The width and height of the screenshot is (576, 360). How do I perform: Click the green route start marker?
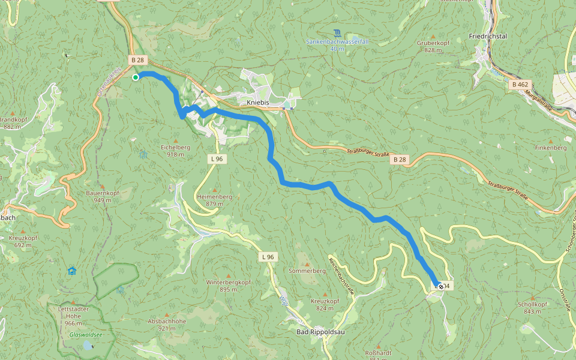pyautogui.click(x=136, y=77)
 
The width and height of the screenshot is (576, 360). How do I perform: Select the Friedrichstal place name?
pyautogui.click(x=488, y=36)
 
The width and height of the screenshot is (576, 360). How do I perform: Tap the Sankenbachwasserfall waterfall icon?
pyautogui.click(x=337, y=32)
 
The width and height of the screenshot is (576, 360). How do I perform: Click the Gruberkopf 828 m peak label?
pyautogui.click(x=433, y=47)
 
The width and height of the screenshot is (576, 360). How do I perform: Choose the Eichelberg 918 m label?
pyautogui.click(x=175, y=151)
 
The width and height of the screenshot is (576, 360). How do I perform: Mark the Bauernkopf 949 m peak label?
pyautogui.click(x=103, y=196)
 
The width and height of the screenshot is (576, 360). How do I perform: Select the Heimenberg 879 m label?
pyautogui.click(x=214, y=200)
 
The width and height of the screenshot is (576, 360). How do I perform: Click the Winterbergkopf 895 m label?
pyautogui.click(x=228, y=286)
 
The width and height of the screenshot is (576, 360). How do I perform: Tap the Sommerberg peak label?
pyautogui.click(x=307, y=271)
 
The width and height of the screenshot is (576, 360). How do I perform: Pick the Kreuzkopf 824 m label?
pyautogui.click(x=325, y=304)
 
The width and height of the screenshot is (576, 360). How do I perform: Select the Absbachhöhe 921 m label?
pyautogui.click(x=167, y=325)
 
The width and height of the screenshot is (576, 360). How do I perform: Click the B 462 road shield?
pyautogui.click(x=520, y=85)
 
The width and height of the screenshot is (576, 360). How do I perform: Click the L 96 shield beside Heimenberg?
pyautogui.click(x=217, y=159)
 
